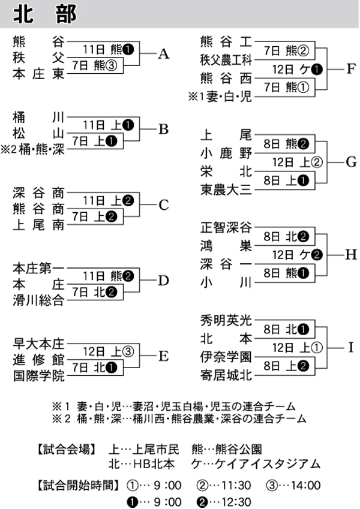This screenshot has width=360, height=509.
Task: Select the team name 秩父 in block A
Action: [x=38, y=58]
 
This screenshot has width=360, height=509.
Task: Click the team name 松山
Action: [x=38, y=133]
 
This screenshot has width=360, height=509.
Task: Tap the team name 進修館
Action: [x=38, y=360]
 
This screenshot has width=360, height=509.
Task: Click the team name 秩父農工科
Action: [x=227, y=59]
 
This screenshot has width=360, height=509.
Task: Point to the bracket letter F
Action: [x=351, y=68]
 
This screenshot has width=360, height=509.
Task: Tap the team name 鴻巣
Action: [x=227, y=245]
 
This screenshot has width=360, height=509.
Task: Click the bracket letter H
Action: [x=351, y=255]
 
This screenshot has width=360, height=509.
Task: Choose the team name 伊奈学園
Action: [x=227, y=357]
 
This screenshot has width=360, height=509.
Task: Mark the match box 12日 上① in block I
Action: [x=298, y=348]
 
